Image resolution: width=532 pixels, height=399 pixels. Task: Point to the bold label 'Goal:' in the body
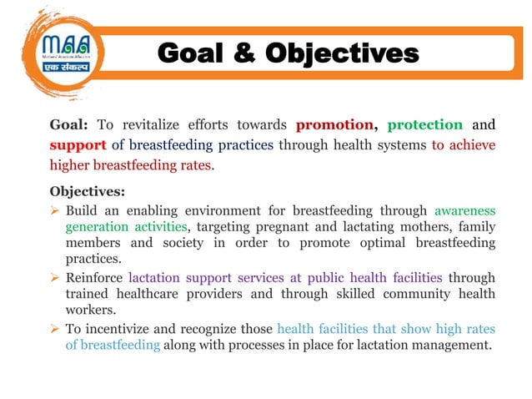point(69,125)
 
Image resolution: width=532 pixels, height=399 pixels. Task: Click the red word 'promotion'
point(334,125)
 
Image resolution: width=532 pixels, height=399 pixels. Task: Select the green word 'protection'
point(424,125)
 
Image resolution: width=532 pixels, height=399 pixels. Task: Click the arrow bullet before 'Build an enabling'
point(54,210)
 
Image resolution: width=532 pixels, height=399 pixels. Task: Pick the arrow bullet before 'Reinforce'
point(54,277)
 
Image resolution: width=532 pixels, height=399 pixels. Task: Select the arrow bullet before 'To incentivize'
point(54,327)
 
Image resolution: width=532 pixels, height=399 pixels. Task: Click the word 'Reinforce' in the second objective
point(94,277)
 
